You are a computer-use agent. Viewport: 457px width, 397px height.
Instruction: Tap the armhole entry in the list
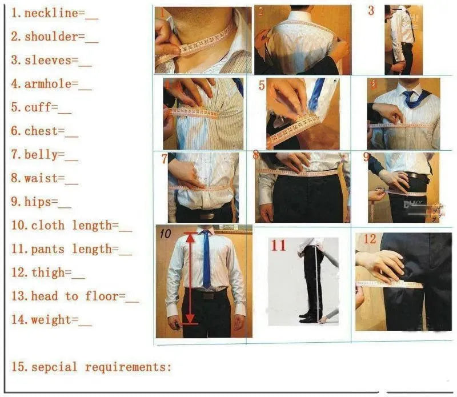[x=48, y=84]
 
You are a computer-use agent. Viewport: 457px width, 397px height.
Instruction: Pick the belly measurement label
[x=41, y=155]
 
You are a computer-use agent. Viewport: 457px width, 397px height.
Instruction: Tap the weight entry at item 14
[x=48, y=320]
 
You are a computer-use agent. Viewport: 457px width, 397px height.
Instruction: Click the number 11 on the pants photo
[x=278, y=246]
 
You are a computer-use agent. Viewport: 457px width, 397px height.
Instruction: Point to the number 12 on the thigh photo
[x=370, y=239]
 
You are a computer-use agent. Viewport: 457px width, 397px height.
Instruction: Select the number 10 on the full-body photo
[x=165, y=233]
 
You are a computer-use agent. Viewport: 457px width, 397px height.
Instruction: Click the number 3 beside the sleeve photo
[x=371, y=11]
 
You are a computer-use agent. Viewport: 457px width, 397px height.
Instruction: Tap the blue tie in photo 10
[x=206, y=260]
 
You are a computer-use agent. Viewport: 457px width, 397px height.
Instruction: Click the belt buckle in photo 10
[x=207, y=295]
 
